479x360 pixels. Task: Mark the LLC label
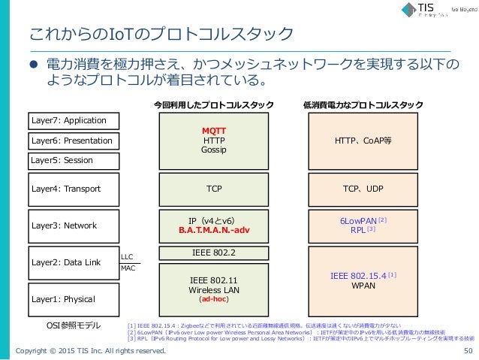point(127,256)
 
